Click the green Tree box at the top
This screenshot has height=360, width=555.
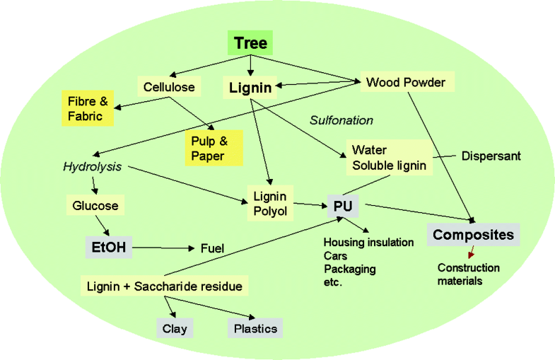(251, 43)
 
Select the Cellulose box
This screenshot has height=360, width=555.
(169, 88)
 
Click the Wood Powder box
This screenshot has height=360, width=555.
(405, 83)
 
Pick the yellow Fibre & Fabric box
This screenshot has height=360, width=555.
(88, 108)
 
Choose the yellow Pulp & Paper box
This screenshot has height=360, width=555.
(214, 147)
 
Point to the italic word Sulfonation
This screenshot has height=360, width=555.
(341, 120)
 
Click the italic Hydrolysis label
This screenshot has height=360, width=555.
(92, 168)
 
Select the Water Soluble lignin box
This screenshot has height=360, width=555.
(389, 157)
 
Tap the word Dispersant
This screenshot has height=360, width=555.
(491, 156)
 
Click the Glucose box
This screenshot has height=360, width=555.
(95, 207)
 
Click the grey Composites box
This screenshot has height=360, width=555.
(473, 235)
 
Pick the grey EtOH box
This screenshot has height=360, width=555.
(107, 248)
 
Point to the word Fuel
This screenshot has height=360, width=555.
(212, 248)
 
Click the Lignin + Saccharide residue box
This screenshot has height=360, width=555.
(164, 286)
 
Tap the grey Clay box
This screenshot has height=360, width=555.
(175, 329)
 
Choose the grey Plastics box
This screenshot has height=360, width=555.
(255, 329)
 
